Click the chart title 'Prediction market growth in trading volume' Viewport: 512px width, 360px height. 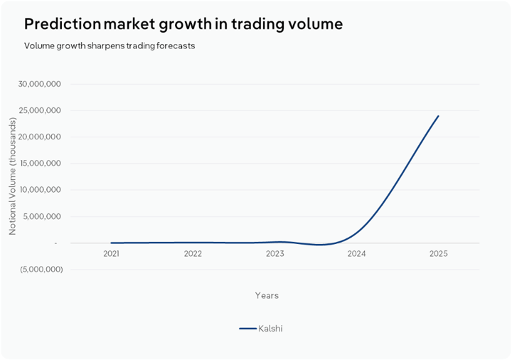[x=183, y=24]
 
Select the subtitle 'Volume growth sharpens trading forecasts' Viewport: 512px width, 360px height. [x=110, y=46]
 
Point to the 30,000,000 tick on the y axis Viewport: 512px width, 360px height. [x=41, y=84]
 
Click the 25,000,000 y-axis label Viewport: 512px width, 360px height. [x=41, y=110]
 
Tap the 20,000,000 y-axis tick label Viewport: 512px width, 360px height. [x=41, y=137]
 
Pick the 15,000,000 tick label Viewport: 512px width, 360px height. [x=41, y=164]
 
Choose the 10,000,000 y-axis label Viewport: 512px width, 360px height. [x=41, y=190]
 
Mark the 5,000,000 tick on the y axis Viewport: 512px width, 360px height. [x=43, y=216]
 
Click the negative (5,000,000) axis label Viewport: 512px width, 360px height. [x=41, y=270]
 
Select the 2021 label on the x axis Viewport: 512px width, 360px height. [x=111, y=253]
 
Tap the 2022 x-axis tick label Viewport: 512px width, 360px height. [x=193, y=253]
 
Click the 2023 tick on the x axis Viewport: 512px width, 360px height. [x=274, y=253]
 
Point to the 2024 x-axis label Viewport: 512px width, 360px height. [x=356, y=253]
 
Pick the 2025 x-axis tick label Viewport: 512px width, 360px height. [x=438, y=253]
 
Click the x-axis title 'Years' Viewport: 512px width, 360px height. [x=267, y=295]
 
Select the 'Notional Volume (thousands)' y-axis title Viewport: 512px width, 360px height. [x=12, y=176]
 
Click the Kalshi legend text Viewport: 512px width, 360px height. [x=271, y=329]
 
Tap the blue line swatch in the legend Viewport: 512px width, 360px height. [x=247, y=329]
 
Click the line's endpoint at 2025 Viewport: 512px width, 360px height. [x=438, y=116]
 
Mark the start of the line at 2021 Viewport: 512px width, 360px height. [x=112, y=243]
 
